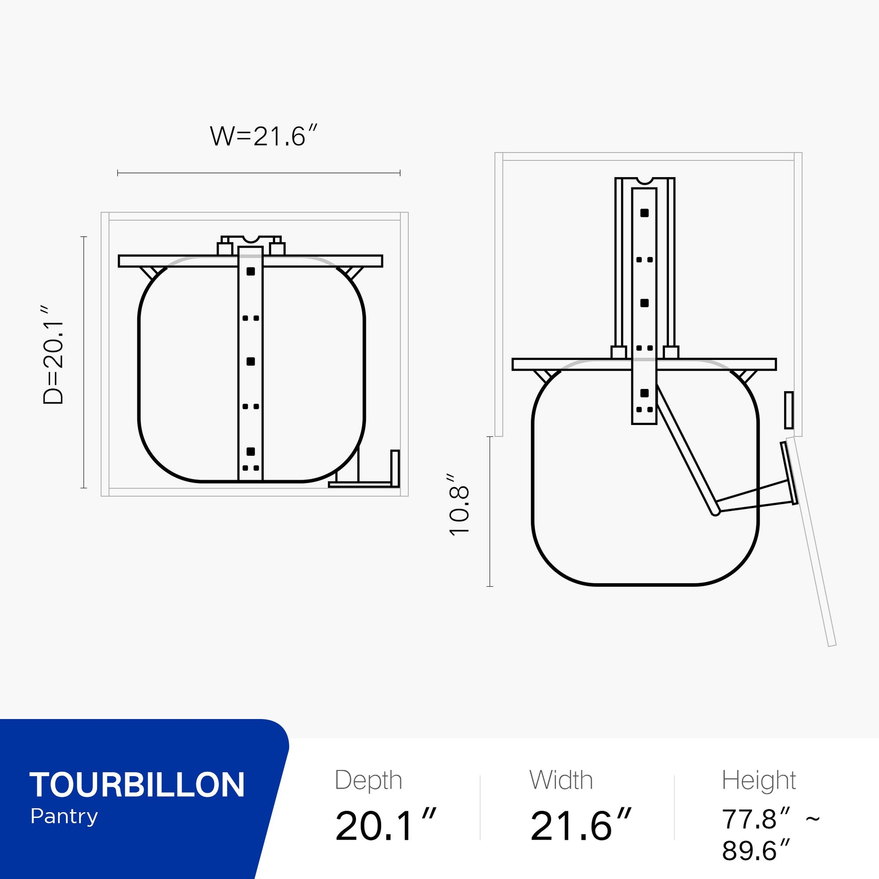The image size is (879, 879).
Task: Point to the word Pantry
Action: tap(64, 817)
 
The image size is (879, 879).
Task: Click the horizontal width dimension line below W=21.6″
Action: tap(258, 173)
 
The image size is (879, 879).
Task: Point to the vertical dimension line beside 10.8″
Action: tap(490, 511)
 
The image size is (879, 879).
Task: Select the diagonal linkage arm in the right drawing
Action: tap(687, 453)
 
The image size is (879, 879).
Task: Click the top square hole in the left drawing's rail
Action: tap(251, 271)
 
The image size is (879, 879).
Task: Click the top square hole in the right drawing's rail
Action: tap(644, 212)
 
